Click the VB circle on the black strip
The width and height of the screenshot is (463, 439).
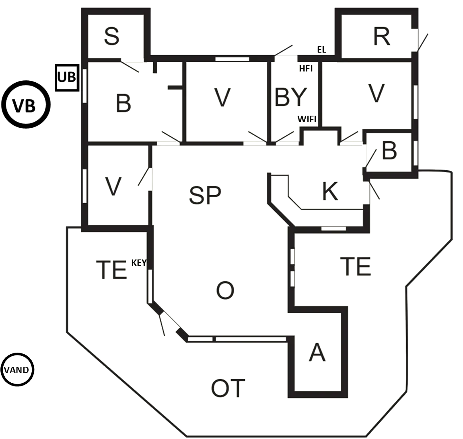tap(25, 105)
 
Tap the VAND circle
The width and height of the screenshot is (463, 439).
tap(16, 370)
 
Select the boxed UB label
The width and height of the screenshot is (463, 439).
tap(67, 78)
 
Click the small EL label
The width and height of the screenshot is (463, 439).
tap(321, 50)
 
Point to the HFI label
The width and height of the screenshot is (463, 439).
tap(306, 69)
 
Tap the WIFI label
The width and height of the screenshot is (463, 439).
tap(307, 119)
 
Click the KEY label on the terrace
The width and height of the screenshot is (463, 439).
tap(139, 263)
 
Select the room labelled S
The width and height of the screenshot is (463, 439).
tap(111, 36)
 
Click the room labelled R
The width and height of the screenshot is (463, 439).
tap(381, 37)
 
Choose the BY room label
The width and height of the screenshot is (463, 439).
tap(290, 97)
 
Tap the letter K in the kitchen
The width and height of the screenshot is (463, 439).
tap(330, 191)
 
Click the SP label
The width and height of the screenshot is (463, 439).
tap(205, 195)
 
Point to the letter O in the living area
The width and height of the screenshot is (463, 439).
tap(225, 290)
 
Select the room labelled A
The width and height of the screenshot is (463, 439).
tap(317, 353)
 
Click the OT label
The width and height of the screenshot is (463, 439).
tap(228, 388)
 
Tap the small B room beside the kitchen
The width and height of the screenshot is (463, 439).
tap(389, 151)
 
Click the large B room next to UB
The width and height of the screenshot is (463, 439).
tap(123, 103)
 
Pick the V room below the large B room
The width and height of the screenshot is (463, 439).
tap(113, 187)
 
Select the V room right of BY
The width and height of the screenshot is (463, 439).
tap(376, 94)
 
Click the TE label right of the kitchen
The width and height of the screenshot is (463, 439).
tap(355, 266)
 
